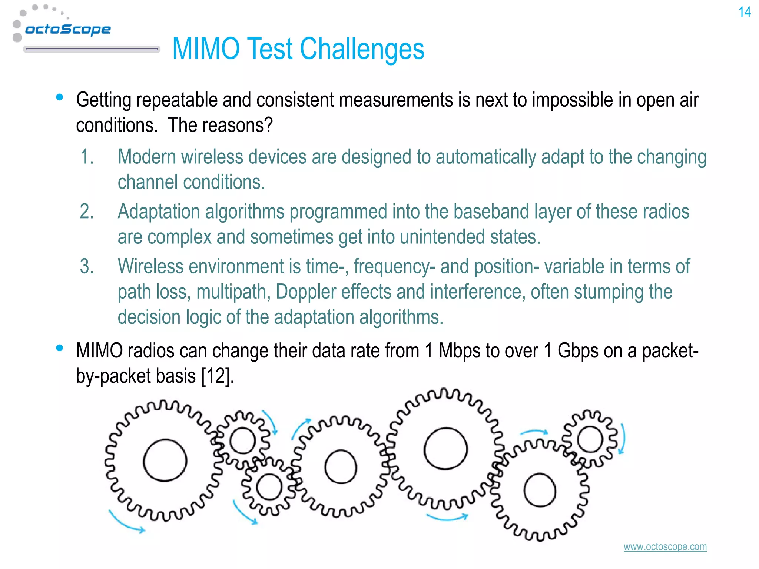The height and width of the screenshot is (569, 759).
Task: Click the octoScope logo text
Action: tap(68, 29)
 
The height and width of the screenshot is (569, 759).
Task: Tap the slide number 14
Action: tap(744, 13)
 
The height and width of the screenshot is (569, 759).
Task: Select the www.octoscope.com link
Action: tap(665, 547)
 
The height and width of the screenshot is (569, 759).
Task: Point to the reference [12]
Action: tap(216, 376)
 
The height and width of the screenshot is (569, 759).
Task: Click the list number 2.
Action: tap(87, 212)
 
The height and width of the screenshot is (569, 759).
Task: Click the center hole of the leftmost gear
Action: tap(165, 460)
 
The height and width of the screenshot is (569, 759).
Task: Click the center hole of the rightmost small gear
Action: tap(590, 439)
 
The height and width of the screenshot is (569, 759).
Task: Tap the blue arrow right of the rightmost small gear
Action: tap(623, 439)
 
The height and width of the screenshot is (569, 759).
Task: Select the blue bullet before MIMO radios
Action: tap(59, 348)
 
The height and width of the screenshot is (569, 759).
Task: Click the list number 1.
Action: tap(87, 157)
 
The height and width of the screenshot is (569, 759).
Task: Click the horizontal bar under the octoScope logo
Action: tap(92, 49)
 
